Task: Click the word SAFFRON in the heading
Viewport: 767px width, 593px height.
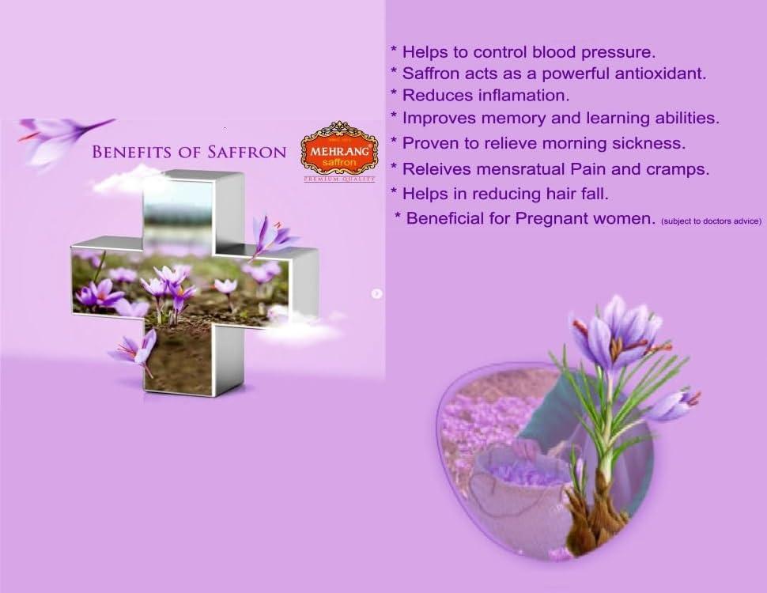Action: (247, 152)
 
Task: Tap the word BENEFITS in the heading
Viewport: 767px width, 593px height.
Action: (130, 152)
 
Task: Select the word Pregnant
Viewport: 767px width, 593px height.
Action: (557, 218)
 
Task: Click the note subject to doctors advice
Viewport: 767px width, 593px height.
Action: (711, 221)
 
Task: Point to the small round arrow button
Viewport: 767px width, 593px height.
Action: (377, 293)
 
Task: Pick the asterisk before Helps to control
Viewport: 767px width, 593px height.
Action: (394, 51)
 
